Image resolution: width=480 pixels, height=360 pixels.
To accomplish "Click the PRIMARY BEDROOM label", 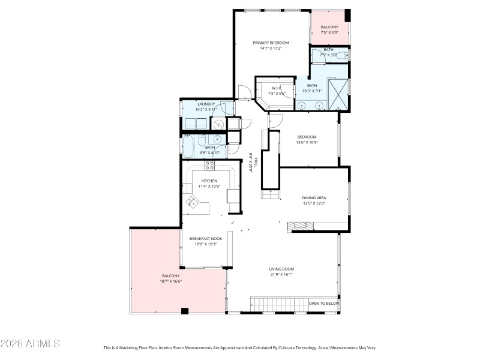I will [x=271, y=43].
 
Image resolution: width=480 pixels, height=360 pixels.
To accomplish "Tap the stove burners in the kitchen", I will [x=210, y=164].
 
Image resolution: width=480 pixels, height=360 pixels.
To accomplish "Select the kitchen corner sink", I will [x=193, y=202].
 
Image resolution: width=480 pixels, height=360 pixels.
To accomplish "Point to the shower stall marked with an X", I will [x=339, y=94].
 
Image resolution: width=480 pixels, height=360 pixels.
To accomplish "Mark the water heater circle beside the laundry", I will [x=220, y=125].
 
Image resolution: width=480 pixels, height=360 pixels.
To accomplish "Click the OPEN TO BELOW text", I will [x=324, y=304].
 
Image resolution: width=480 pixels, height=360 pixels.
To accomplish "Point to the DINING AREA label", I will [x=313, y=197].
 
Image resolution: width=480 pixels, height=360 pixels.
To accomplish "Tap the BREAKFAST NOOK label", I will [x=206, y=238].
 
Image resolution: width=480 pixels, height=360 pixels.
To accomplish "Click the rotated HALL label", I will [x=256, y=163].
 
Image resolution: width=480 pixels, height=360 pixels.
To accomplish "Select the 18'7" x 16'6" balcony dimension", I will [x=171, y=281].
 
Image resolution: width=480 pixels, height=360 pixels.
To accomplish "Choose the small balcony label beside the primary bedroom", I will [x=329, y=27].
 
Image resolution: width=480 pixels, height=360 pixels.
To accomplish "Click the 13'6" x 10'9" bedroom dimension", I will [x=306, y=142].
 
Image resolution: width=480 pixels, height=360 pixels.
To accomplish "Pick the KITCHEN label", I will [x=209, y=181].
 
